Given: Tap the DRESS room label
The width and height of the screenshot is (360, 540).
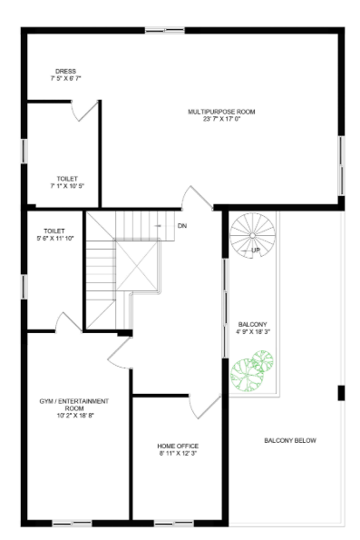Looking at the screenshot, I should (64, 71).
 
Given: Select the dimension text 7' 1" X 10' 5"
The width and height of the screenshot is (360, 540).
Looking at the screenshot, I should (64, 186).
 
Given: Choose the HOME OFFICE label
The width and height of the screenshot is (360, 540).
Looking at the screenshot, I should (177, 446).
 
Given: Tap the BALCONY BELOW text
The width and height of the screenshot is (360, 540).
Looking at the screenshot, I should (290, 441).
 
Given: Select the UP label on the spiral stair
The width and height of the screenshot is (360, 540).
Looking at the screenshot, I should (256, 250).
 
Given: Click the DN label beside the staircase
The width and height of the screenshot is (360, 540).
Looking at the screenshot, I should (181, 225).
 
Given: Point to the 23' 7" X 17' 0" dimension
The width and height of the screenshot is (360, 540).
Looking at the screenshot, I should (222, 119).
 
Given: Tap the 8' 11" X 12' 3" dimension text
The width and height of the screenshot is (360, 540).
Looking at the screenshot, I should (177, 453).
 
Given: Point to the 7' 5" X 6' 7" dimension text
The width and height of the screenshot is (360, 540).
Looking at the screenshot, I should (64, 79).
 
